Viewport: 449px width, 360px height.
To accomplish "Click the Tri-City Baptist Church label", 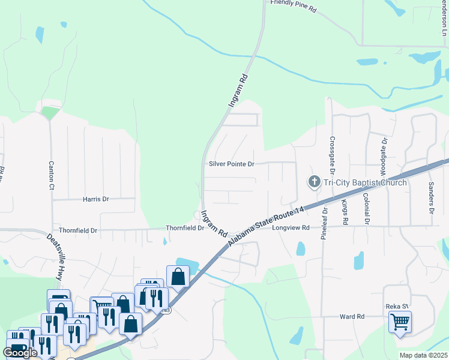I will (364, 182).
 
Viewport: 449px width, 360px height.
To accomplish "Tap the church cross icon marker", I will (313, 181).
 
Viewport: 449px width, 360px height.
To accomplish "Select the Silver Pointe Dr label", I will (232, 164).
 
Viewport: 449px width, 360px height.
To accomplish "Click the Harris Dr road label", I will (96, 199).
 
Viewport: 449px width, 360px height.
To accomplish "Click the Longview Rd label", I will (291, 228).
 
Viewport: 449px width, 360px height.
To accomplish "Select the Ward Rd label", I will (352, 316).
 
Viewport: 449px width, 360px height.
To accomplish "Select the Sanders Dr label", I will (430, 198).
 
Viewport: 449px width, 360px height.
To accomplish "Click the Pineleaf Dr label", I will (324, 224).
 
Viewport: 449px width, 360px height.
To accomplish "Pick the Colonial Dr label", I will (366, 208).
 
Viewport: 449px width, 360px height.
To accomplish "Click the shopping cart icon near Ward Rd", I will (400, 322).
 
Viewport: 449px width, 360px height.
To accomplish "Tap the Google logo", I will (20, 352).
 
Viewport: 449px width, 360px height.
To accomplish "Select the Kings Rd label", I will (345, 213).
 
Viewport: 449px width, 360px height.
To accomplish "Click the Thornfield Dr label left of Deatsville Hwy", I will (78, 230).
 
